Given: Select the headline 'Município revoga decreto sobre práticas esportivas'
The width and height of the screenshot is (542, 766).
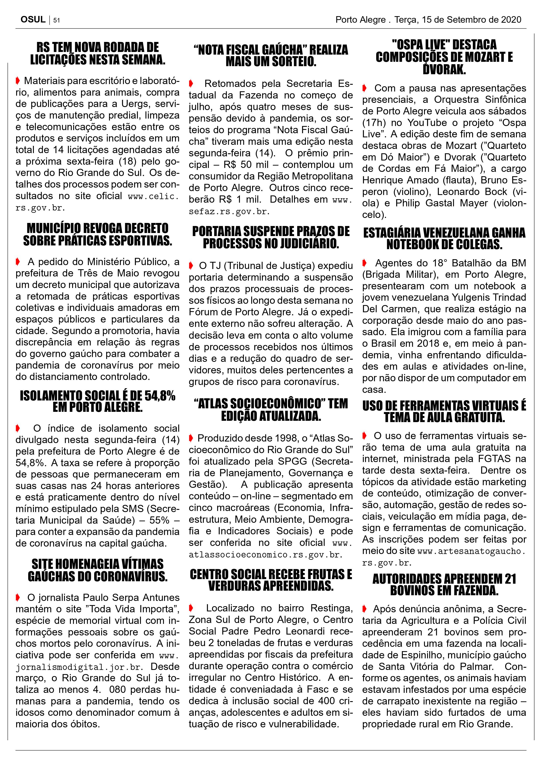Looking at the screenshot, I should coord(97,235).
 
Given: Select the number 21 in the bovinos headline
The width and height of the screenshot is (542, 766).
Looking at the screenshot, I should coord(510,579).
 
